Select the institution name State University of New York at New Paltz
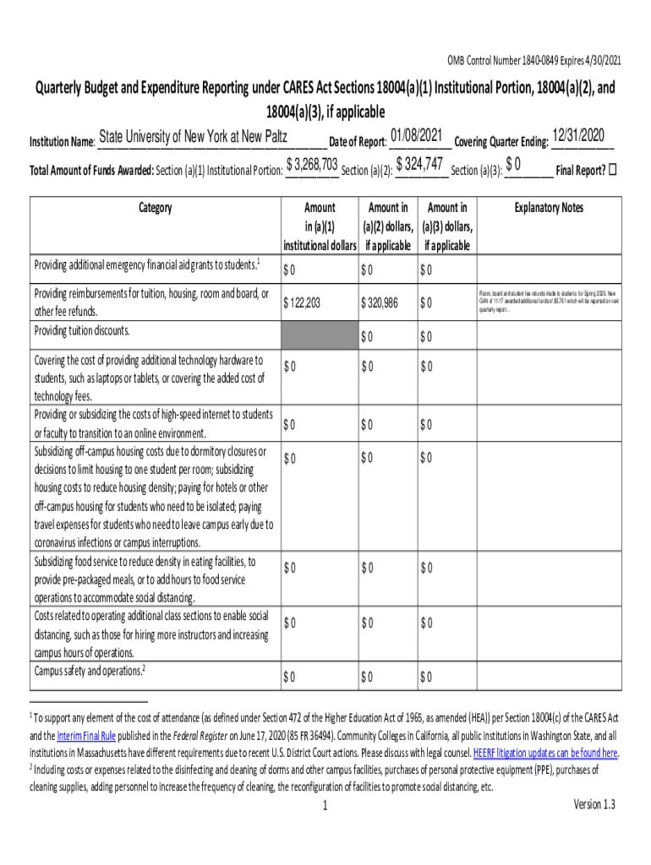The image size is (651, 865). click(x=193, y=138)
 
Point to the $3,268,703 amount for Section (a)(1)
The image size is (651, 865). click(x=312, y=164)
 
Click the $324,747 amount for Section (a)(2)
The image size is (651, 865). click(x=420, y=164)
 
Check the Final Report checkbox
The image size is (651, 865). click(x=613, y=169)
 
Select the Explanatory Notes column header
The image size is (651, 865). click(x=549, y=208)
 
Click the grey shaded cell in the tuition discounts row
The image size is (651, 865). click(x=317, y=335)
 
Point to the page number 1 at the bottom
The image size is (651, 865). click(x=325, y=806)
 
